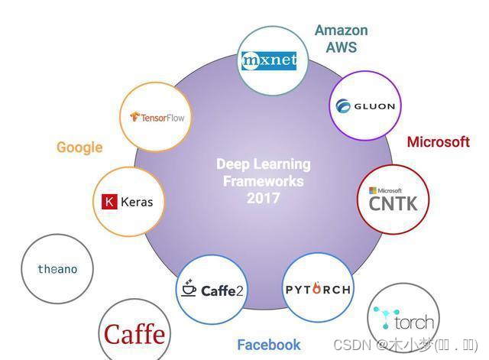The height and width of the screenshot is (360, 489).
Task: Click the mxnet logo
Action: pos(268,60)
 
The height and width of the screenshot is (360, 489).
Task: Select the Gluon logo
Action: pos(365,106)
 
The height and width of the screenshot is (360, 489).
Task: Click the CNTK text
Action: pos(393,203)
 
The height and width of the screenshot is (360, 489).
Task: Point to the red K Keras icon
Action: pos(108,202)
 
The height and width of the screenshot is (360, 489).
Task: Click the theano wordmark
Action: pos(57,269)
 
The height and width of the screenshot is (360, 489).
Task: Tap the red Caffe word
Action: pos(134,334)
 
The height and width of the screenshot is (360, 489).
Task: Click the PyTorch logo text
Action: pos(318,289)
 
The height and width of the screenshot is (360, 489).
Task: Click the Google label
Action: pos(79,148)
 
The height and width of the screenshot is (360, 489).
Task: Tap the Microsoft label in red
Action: pos(438,141)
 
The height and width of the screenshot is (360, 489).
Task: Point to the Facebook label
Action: pos(268,345)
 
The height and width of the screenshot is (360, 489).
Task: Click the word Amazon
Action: pos(341,31)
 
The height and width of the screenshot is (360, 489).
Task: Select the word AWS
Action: pos(341,47)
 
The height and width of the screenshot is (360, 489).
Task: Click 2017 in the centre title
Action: pos(263,198)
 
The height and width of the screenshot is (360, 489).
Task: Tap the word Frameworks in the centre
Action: pos(263,181)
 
